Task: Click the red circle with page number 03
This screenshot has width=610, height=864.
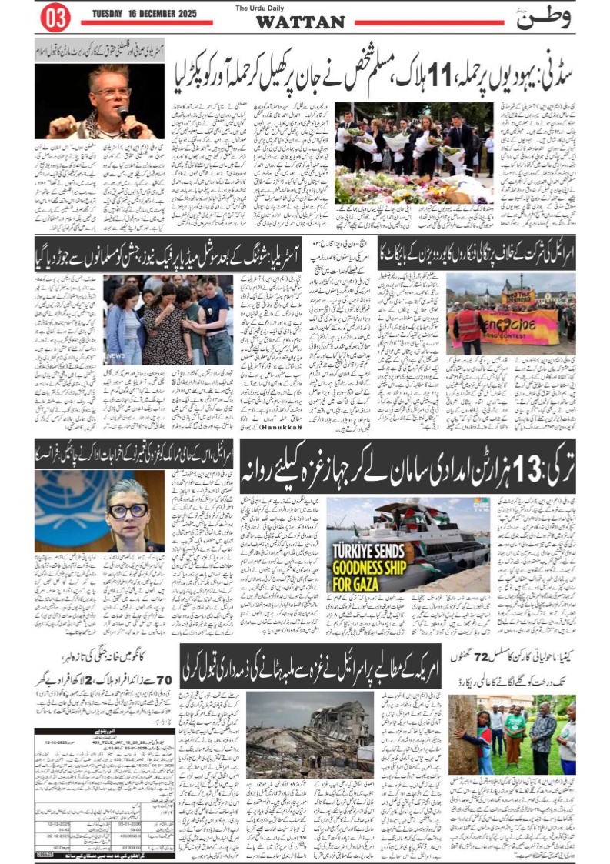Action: click(55, 18)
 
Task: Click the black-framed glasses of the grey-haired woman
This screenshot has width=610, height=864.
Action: click(128, 509)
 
